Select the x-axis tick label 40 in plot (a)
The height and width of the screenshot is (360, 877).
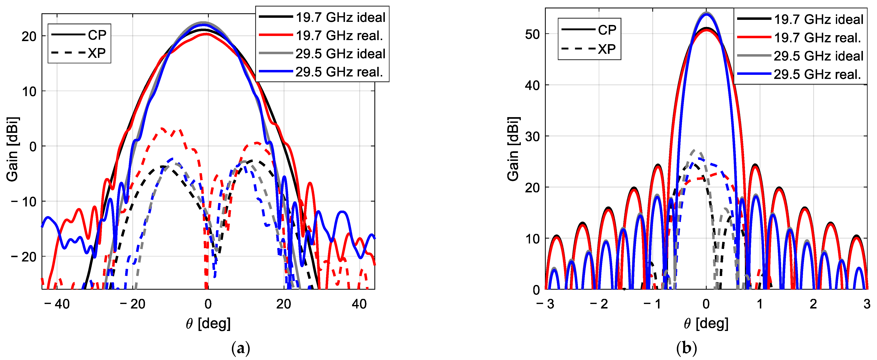[x=359, y=304]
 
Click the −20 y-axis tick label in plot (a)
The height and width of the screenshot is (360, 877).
[x=24, y=257]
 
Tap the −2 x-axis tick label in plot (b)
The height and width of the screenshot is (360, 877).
[x=599, y=304]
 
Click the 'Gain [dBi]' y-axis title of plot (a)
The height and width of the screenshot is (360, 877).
[x=13, y=149]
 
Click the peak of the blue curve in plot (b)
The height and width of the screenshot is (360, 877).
[x=706, y=14]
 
